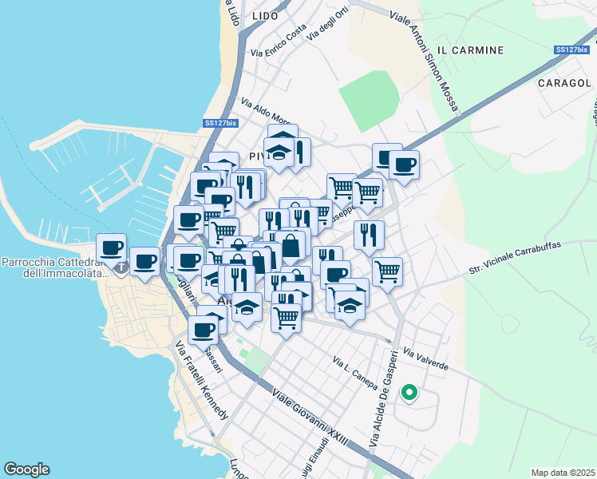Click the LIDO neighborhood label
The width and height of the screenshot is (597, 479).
click(x=264, y=16)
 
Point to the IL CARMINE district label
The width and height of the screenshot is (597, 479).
click(x=472, y=50)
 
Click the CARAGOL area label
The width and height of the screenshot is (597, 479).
click(x=563, y=83)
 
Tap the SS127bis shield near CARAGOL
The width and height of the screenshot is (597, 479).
click(x=571, y=49)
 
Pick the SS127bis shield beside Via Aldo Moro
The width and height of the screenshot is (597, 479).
click(x=220, y=123)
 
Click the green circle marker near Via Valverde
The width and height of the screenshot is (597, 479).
click(x=409, y=393)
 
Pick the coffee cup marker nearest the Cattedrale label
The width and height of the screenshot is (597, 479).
click(x=111, y=246)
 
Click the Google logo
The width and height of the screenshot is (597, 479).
click(x=26, y=469)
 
